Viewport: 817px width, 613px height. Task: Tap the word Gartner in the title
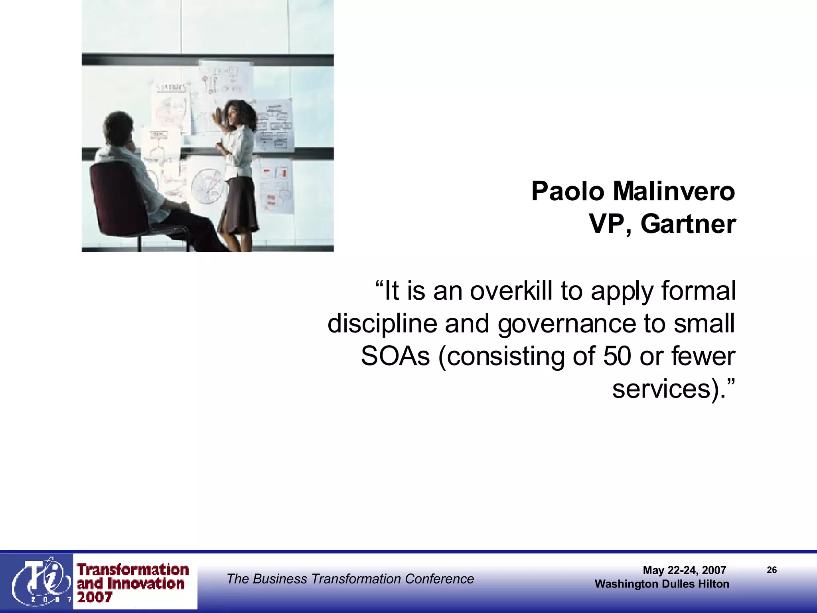point(688,224)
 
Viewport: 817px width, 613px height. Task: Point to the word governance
point(566,324)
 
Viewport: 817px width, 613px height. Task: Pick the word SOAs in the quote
point(395,356)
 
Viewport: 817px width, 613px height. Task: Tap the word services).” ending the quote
point(673,389)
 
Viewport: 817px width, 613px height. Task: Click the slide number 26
point(772,570)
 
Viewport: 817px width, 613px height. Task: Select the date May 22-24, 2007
point(684,570)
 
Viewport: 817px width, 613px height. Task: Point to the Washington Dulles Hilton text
point(662,584)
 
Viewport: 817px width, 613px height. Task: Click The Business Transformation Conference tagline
point(350,579)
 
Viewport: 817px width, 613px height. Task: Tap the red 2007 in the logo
point(95,597)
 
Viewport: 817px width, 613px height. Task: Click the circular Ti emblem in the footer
point(40,581)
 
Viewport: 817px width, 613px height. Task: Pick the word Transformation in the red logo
point(133,569)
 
